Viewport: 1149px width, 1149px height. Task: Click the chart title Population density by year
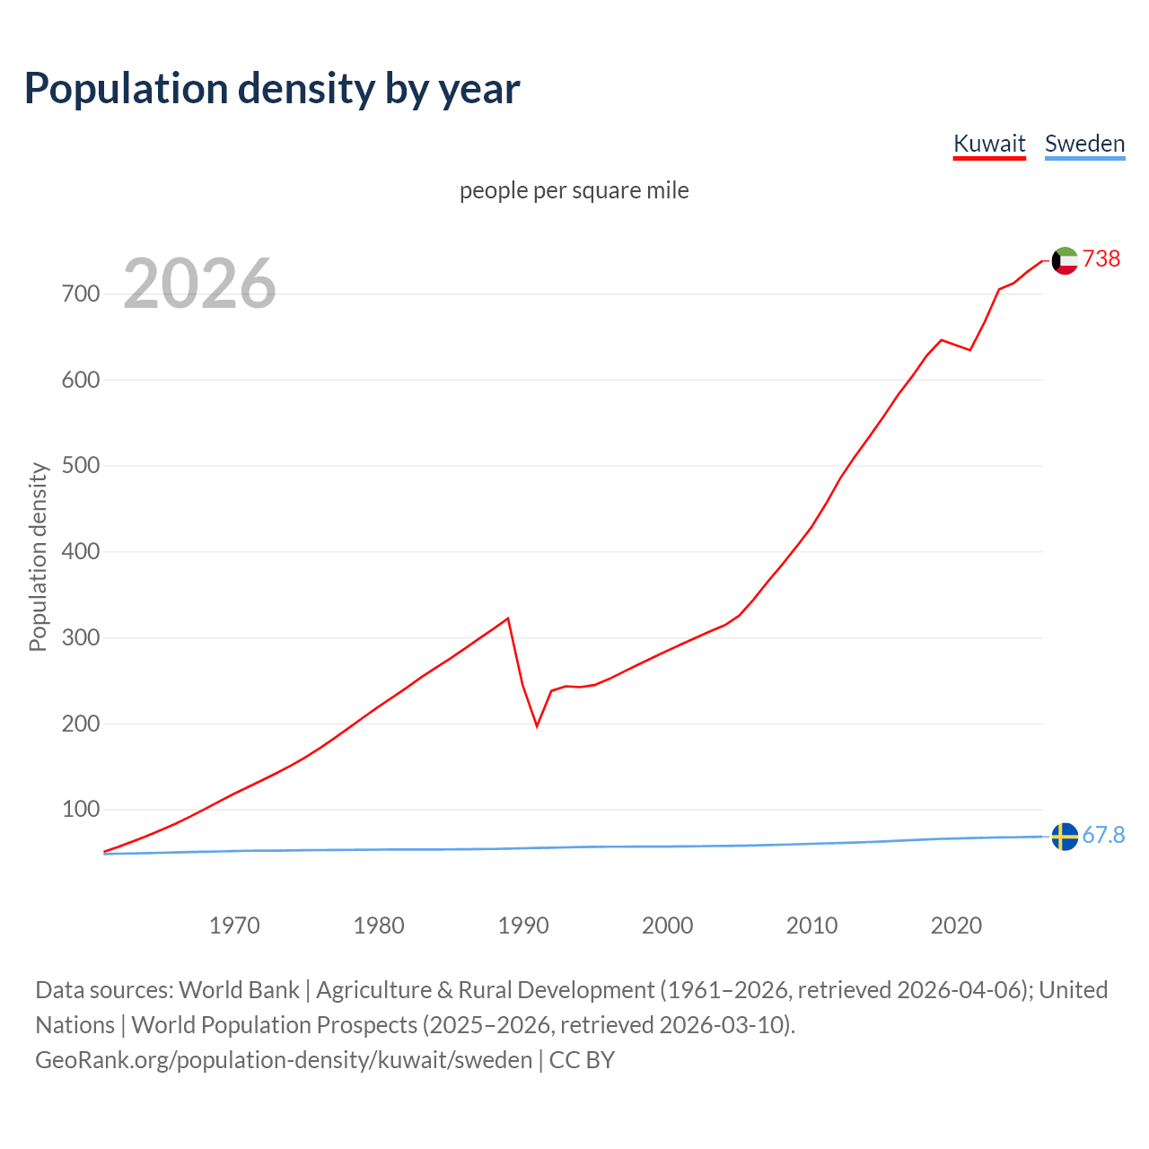click(272, 89)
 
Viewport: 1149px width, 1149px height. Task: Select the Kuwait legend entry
click(988, 144)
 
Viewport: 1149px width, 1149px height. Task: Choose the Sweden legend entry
click(1084, 144)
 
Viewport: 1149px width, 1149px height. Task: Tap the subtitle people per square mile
click(574, 190)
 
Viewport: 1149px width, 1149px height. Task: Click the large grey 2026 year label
click(199, 284)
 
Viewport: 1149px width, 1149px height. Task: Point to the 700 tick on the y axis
click(80, 294)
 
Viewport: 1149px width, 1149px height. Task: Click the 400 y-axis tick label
click(80, 552)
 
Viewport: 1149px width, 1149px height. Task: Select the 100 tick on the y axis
click(80, 810)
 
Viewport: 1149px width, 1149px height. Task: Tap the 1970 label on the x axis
click(234, 925)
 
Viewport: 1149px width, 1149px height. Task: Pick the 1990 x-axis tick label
click(523, 925)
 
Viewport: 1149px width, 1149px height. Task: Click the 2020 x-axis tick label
click(956, 925)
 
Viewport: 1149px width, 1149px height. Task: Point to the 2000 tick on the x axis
click(668, 925)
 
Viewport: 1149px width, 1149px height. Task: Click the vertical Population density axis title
click(38, 557)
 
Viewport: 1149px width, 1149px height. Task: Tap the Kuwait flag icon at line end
click(1064, 260)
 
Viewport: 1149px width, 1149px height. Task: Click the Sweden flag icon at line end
click(1064, 837)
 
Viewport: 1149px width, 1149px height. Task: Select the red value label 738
click(1101, 259)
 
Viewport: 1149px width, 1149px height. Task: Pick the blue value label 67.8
click(1103, 836)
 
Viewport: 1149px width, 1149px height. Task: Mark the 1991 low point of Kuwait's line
click(537, 725)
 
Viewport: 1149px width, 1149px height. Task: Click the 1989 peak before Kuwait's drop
click(508, 618)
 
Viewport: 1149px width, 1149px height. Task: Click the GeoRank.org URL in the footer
click(284, 1060)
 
